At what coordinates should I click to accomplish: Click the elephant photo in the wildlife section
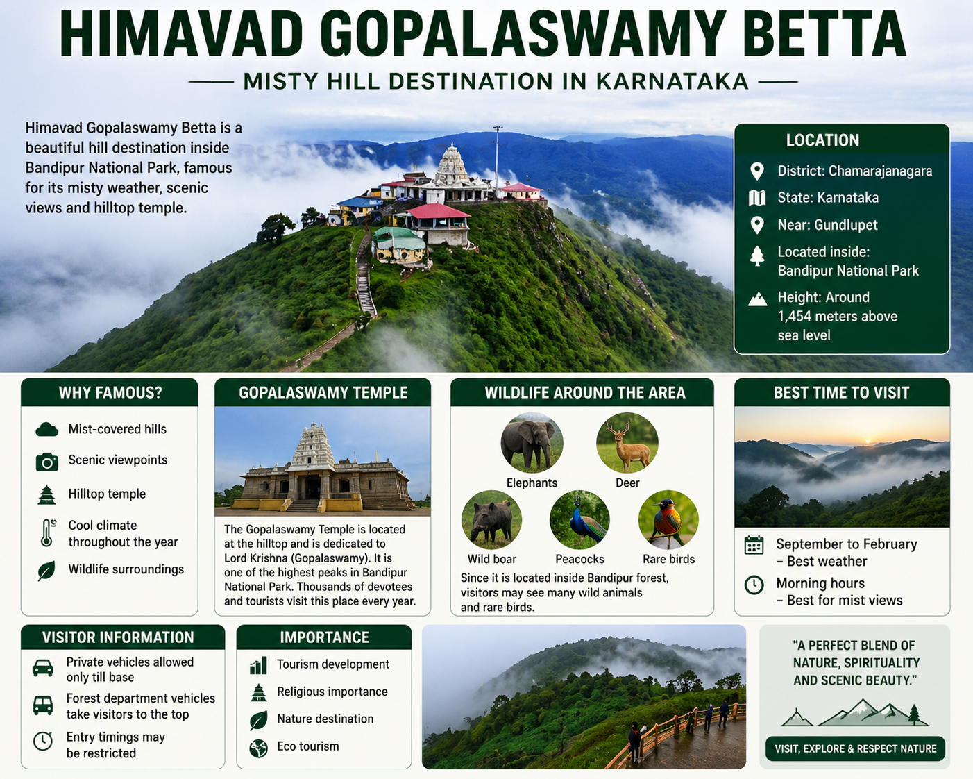point(532,443)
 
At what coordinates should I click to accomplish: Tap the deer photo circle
point(627,443)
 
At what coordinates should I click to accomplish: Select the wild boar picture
point(491,520)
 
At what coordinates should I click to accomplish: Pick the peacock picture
point(579,520)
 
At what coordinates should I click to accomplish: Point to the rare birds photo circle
point(668,520)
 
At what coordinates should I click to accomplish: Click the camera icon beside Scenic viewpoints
point(46,462)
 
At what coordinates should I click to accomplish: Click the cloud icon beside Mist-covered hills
point(46,430)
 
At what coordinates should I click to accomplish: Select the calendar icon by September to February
point(754,545)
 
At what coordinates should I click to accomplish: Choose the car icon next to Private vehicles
point(43,668)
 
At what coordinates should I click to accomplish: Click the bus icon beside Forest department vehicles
point(43,705)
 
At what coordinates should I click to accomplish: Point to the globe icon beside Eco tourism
point(258,748)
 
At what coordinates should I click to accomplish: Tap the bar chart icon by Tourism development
point(258,666)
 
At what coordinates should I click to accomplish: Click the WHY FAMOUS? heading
point(110,393)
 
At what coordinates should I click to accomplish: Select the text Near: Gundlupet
point(827,225)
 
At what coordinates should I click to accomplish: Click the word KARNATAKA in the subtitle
point(672,81)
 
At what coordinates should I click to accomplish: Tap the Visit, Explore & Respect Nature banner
point(855,748)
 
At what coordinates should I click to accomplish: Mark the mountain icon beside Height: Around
point(757,299)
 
